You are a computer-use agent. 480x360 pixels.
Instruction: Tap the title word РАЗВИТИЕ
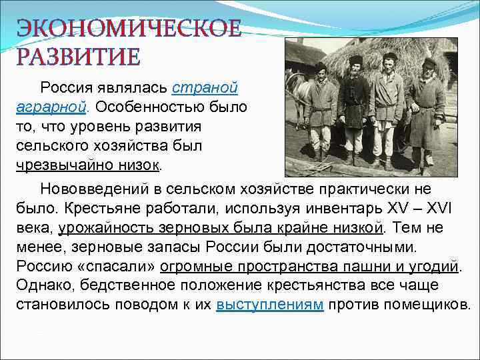tap(79, 57)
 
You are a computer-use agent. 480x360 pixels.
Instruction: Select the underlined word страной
tap(205, 88)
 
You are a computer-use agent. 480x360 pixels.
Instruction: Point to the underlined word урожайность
tap(107, 229)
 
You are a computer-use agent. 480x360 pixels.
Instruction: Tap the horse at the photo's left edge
tap(297, 93)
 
